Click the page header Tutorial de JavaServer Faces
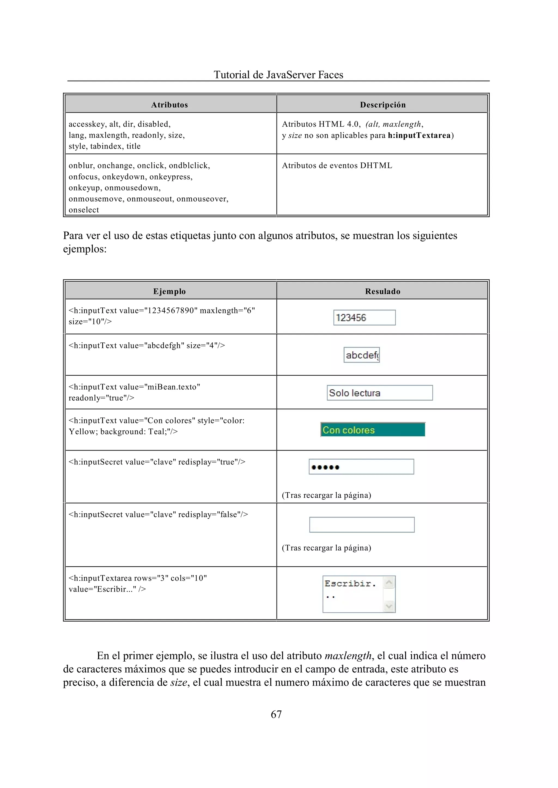point(278,75)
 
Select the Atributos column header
point(169,105)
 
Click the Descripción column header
point(383,105)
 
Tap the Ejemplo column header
point(169,291)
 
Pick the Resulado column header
point(383,291)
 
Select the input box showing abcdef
point(362,355)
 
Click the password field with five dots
point(362,467)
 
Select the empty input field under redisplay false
point(362,525)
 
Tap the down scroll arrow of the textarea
point(389,606)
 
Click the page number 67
point(276,714)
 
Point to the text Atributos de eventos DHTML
point(337,166)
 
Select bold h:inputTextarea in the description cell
point(419,135)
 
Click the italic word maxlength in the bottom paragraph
point(348,656)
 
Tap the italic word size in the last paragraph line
point(179,682)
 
